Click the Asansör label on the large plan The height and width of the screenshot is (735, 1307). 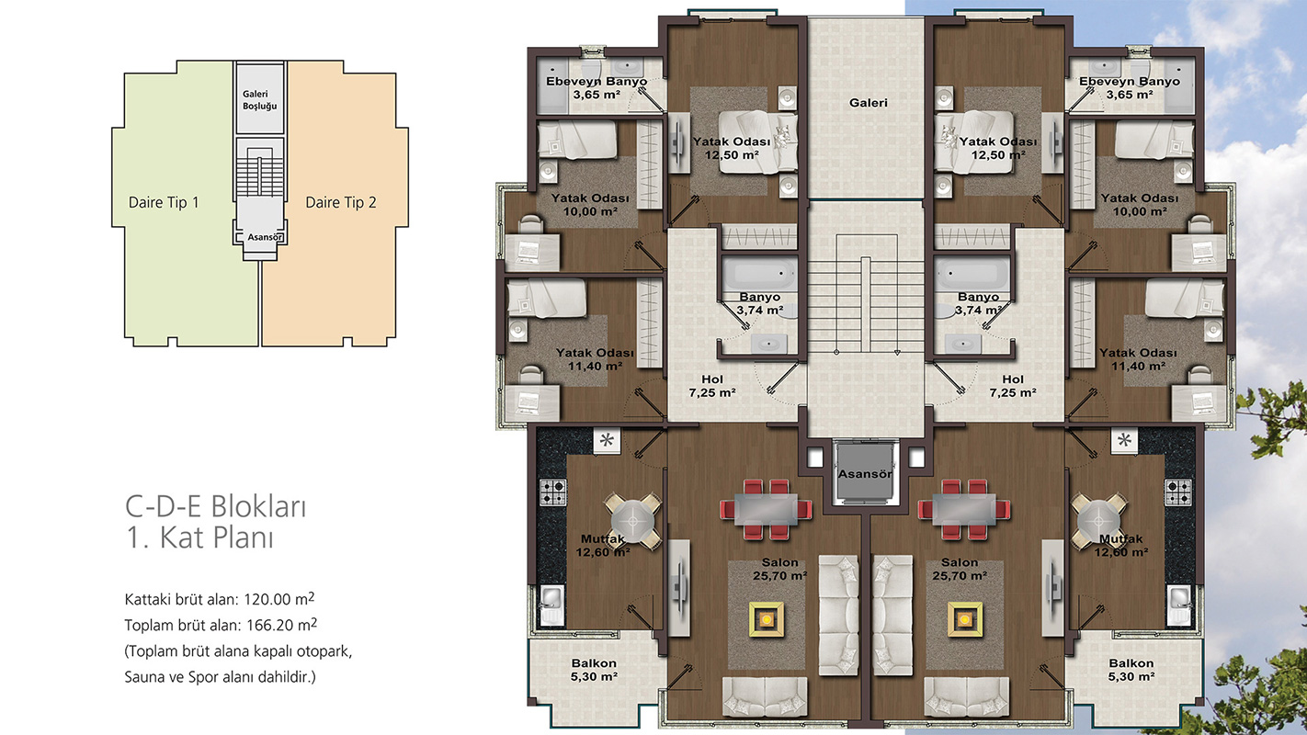tap(865, 474)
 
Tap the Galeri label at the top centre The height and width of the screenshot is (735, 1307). tap(869, 103)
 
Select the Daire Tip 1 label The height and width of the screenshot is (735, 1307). tap(164, 202)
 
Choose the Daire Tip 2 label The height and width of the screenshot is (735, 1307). tap(341, 202)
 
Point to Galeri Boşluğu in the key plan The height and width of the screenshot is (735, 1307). tap(259, 100)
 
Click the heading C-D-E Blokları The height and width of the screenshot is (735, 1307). tap(216, 507)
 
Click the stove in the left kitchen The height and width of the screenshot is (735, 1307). tap(552, 492)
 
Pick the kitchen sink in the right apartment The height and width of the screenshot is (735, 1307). tap(1178, 605)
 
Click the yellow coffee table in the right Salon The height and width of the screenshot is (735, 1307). tap(964, 619)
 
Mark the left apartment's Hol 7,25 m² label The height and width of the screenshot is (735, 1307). tap(711, 386)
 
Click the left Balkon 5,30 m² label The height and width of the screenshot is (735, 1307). tap(594, 670)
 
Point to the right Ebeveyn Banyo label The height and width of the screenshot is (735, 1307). tap(1130, 87)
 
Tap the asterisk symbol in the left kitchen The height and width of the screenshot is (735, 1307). tap(607, 440)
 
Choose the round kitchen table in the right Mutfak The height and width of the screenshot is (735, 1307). tap(1099, 520)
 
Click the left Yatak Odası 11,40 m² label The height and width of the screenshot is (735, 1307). tap(595, 359)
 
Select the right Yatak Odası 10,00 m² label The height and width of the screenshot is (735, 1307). tap(1140, 205)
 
